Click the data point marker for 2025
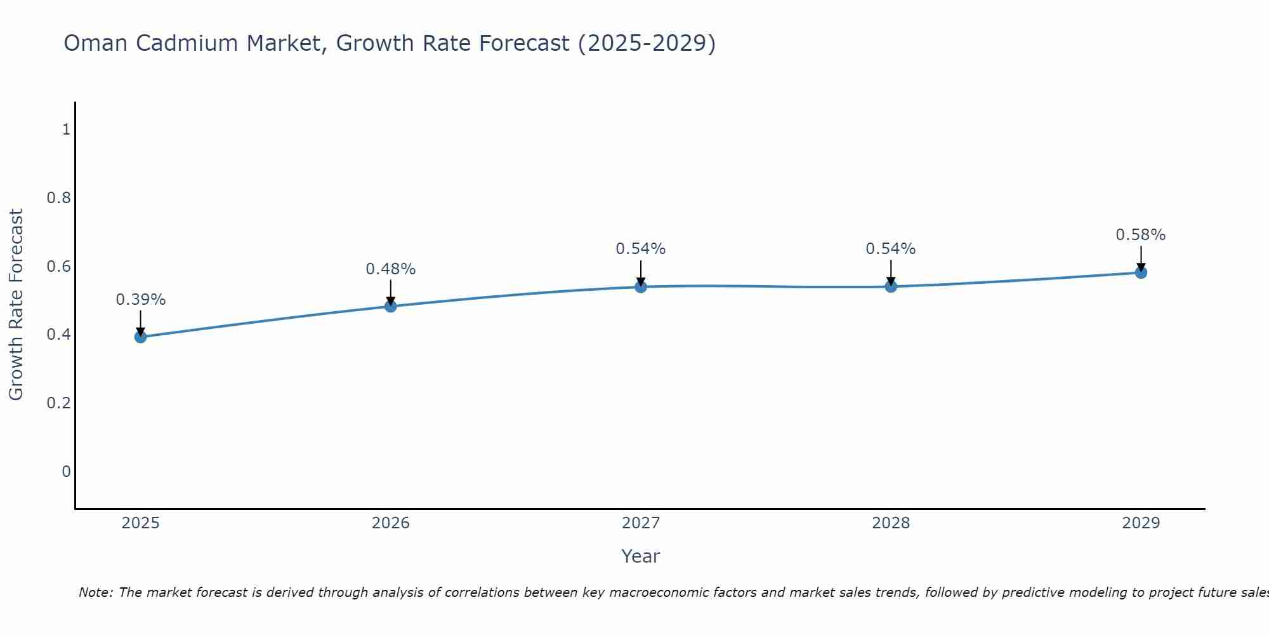point(140,337)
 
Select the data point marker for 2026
point(390,306)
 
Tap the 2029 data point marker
point(1141,272)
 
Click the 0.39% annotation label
point(140,299)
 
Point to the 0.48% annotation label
point(390,269)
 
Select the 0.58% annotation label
point(1140,234)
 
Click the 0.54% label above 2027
point(640,248)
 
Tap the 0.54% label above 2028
point(890,248)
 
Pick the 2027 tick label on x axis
point(640,523)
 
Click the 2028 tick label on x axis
point(890,523)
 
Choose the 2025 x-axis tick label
point(140,523)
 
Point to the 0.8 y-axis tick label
point(58,198)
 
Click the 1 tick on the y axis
point(66,130)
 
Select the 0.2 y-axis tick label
point(58,403)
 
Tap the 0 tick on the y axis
point(66,472)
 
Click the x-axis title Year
point(640,556)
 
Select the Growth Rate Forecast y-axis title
point(16,305)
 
